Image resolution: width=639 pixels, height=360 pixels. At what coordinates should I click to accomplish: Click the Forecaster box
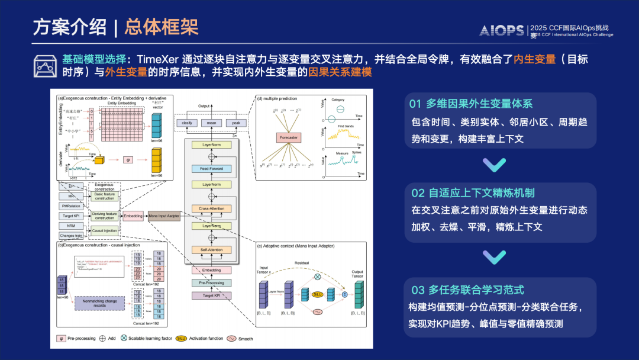[x=289, y=137]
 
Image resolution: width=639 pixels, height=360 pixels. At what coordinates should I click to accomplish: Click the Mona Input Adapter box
[x=164, y=216]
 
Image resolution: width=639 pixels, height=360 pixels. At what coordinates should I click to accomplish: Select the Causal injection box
[x=105, y=231]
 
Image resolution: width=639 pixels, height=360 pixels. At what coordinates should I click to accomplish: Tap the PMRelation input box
[x=71, y=205]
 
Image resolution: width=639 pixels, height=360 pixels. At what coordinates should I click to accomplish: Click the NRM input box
[x=71, y=226]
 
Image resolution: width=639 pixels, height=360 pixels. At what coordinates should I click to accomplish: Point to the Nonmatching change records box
[x=99, y=303]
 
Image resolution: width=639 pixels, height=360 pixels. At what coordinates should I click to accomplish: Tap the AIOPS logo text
[x=501, y=30]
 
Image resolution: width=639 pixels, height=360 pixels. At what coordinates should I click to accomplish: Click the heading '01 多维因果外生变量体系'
[x=471, y=104]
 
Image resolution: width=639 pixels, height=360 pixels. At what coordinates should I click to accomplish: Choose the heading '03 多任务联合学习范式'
[x=467, y=290]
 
